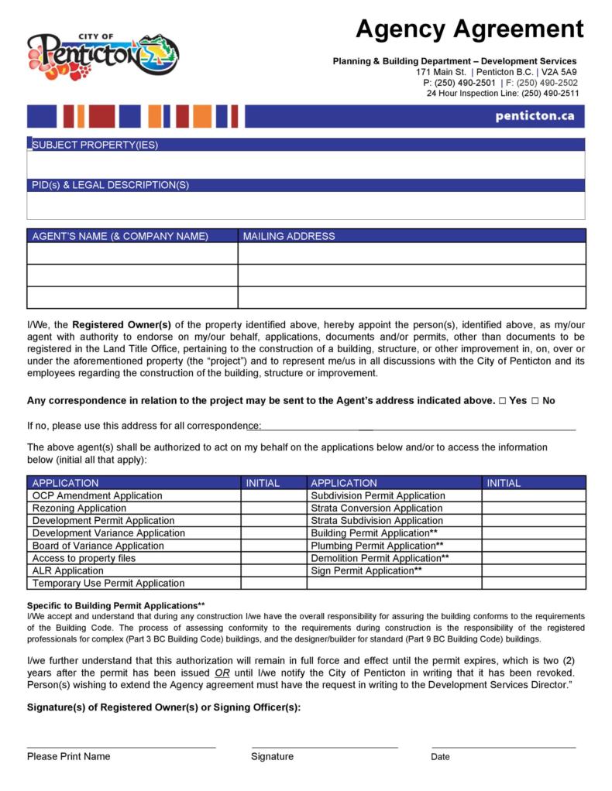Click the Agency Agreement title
tap(469, 29)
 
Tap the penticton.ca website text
tap(534, 116)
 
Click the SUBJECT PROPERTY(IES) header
tap(95, 146)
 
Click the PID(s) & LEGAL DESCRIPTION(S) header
tap(111, 185)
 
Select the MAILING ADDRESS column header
tap(289, 236)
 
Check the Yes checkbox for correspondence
tap(503, 401)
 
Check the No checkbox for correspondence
tap(535, 401)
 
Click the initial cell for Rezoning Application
tap(273, 508)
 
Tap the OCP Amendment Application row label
tap(98, 495)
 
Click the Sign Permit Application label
tap(366, 570)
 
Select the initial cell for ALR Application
tap(273, 570)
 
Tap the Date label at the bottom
tap(440, 757)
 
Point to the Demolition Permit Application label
tap(379, 558)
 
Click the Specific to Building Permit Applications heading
tap(116, 605)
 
